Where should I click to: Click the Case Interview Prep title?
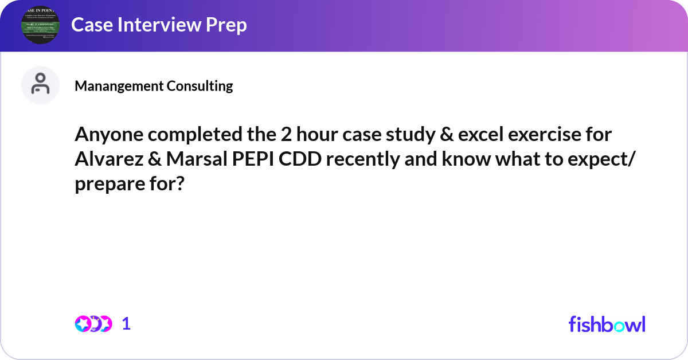[x=159, y=25]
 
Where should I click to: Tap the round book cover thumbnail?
[x=41, y=25]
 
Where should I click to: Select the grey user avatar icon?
[x=40, y=85]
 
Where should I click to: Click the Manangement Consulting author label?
[x=154, y=86]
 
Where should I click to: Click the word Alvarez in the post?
[x=104, y=159]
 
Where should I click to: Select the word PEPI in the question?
[x=253, y=159]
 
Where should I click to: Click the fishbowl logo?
[x=607, y=324]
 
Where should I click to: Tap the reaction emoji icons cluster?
[x=93, y=323]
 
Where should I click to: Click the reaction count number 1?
[x=126, y=323]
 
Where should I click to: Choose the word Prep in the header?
[x=226, y=25]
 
